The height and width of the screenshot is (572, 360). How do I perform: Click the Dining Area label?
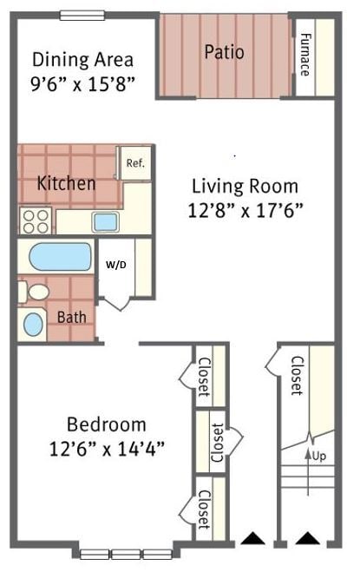click(x=82, y=60)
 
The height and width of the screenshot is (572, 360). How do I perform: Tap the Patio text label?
click(x=224, y=52)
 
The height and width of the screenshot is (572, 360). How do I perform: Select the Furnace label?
click(x=305, y=54)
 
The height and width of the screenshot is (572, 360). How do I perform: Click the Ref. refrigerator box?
click(x=134, y=162)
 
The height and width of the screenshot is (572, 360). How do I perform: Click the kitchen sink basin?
click(x=105, y=221)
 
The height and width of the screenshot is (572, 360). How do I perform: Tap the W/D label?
click(x=115, y=265)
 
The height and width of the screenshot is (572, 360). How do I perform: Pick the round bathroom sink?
click(x=33, y=324)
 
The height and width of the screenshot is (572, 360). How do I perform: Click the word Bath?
click(x=71, y=317)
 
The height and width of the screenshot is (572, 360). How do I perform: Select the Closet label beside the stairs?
click(x=297, y=375)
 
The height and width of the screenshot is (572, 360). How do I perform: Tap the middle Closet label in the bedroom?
click(x=216, y=442)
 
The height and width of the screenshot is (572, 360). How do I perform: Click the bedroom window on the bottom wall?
click(x=127, y=553)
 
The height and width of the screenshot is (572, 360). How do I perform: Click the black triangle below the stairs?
click(x=306, y=539)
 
